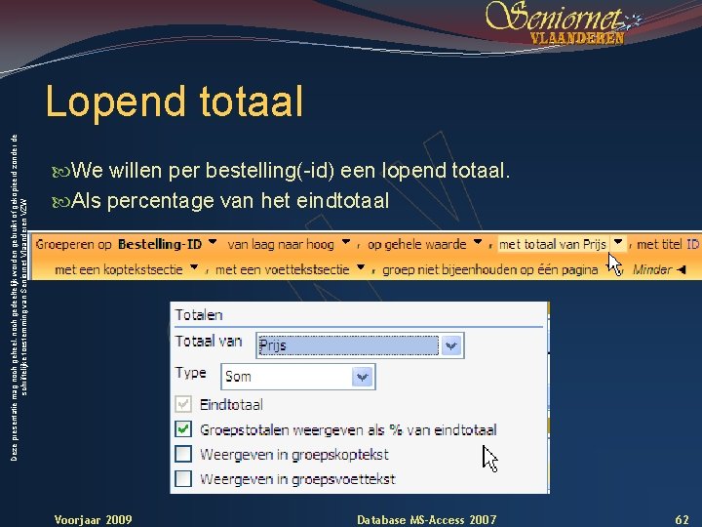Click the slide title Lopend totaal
click(175, 101)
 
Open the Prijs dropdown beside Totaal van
click(451, 345)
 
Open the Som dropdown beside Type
click(363, 376)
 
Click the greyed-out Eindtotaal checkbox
click(183, 404)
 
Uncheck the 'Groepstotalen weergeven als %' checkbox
click(183, 429)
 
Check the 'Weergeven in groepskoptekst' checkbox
click(183, 454)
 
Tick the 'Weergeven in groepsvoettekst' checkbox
click(183, 478)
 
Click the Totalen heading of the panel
click(199, 315)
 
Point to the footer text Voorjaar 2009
click(94, 519)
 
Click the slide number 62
click(682, 519)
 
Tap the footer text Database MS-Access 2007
click(426, 519)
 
